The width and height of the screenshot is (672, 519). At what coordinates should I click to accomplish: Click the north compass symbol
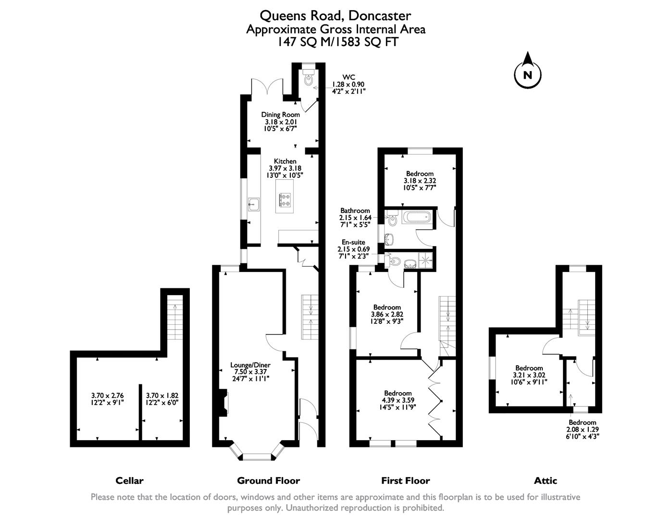click(528, 74)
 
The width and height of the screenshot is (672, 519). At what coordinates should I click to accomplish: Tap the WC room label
click(348, 77)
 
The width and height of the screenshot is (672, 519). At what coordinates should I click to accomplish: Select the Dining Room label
click(280, 114)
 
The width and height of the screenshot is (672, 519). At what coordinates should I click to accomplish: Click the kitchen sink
click(254, 205)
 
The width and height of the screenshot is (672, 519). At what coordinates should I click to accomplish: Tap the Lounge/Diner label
click(250, 365)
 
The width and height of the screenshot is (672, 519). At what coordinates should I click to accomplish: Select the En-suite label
click(353, 242)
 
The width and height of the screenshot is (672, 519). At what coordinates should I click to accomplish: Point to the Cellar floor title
click(129, 481)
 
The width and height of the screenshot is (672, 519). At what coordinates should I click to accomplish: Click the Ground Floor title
click(268, 481)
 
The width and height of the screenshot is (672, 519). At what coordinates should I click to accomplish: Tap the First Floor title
click(405, 481)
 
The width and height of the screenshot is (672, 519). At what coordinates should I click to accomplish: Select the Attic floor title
click(546, 481)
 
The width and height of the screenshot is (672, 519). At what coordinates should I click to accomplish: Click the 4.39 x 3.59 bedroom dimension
click(398, 400)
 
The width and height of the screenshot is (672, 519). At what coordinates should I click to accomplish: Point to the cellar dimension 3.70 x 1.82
click(162, 395)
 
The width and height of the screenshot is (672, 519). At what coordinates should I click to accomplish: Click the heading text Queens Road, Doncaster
click(336, 16)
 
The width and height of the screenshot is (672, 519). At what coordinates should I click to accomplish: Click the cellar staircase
click(175, 318)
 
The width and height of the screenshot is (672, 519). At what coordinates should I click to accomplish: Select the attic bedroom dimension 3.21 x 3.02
click(529, 375)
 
